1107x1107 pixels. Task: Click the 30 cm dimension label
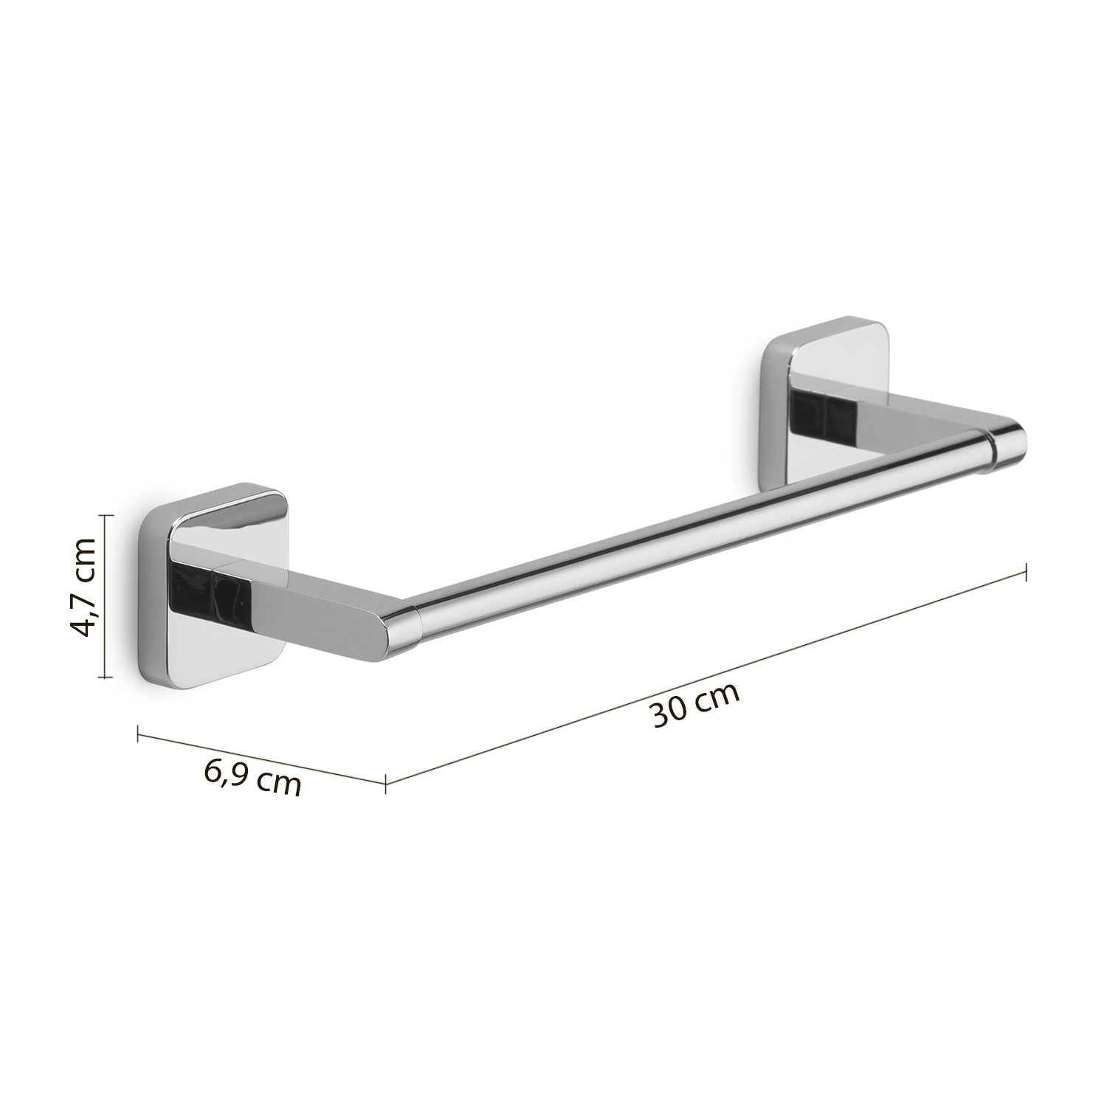[x=696, y=706]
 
